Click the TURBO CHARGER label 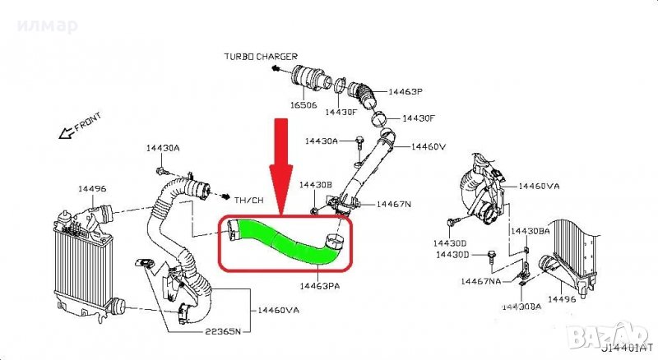point(260,56)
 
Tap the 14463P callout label point(405,92)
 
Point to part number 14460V point(429,146)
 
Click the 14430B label point(315,186)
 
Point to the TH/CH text point(249,199)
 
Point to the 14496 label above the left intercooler point(92,188)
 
